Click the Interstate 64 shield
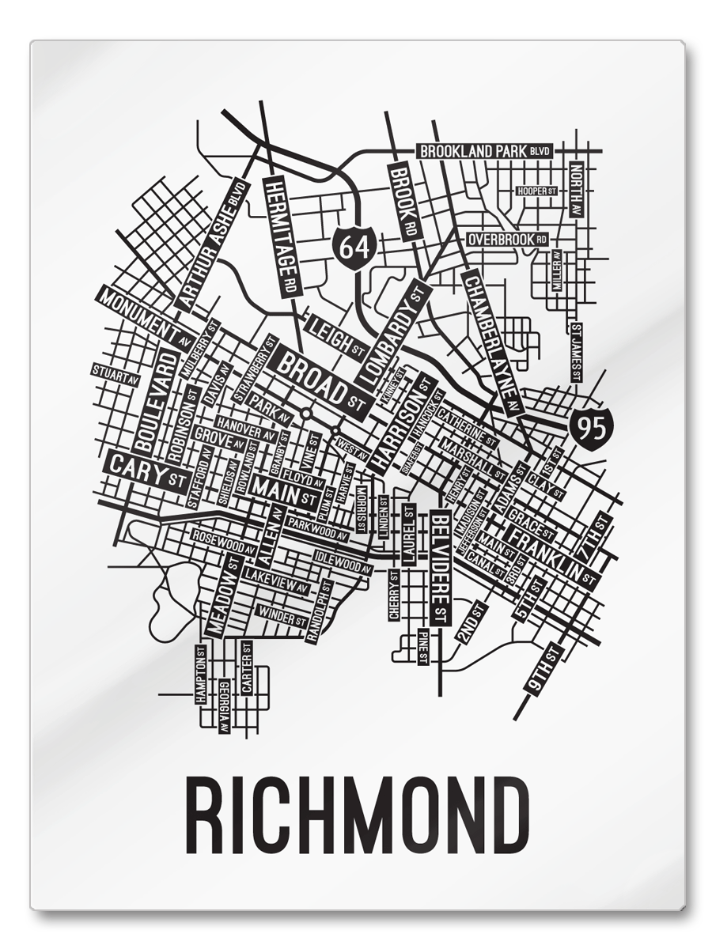pos(354,246)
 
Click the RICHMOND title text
pos(356,815)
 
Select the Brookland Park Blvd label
pos(484,151)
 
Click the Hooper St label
pos(537,191)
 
